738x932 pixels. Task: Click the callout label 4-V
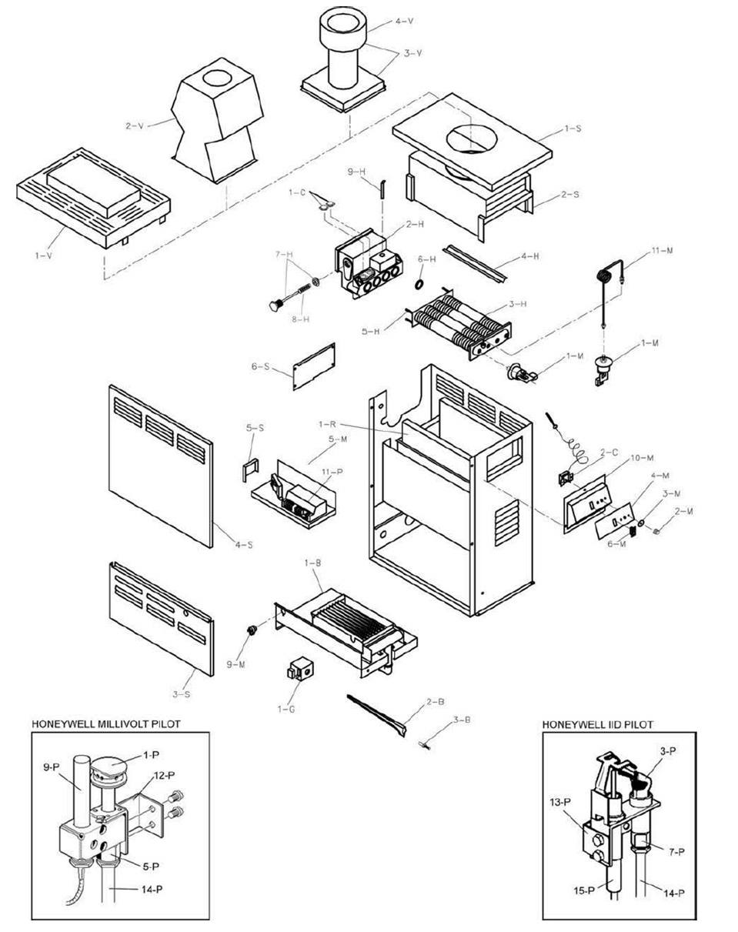pyautogui.click(x=404, y=22)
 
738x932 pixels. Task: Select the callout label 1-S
pyautogui.click(x=572, y=129)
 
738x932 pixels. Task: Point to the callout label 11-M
pyautogui.click(x=661, y=251)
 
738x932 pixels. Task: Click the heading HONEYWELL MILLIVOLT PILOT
pyautogui.click(x=105, y=724)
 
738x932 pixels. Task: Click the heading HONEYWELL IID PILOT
pyautogui.click(x=597, y=724)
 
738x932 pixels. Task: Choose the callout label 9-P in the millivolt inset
pyautogui.click(x=51, y=767)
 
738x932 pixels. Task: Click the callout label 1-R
pyautogui.click(x=326, y=424)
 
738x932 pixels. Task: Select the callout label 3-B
pyautogui.click(x=462, y=720)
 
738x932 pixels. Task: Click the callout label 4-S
pyautogui.click(x=243, y=545)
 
